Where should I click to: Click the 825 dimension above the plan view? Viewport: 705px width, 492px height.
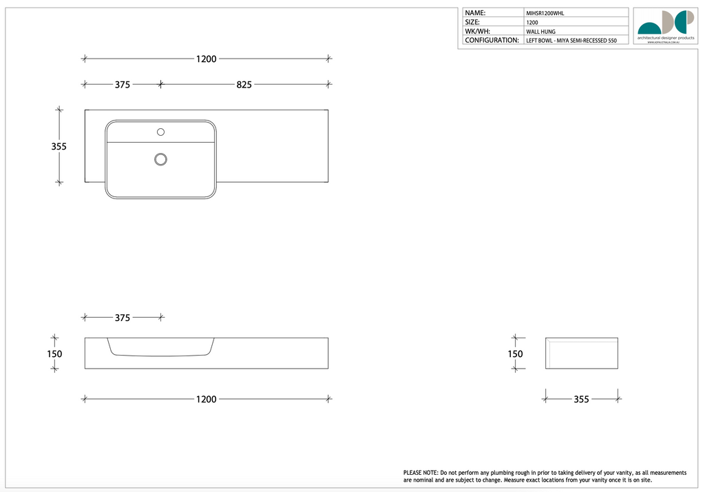click(244, 85)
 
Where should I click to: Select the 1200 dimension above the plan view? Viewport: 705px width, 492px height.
click(206, 59)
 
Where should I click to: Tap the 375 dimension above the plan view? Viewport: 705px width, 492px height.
click(122, 85)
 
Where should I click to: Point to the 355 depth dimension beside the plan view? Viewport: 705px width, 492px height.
click(59, 146)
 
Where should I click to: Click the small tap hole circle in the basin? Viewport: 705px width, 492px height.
click(161, 132)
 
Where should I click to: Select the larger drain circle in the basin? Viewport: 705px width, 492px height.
click(160, 159)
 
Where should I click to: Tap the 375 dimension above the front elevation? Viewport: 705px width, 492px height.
click(122, 318)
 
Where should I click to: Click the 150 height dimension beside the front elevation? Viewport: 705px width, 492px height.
click(54, 353)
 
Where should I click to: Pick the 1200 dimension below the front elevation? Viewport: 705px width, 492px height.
click(206, 399)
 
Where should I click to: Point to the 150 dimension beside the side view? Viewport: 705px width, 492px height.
click(515, 353)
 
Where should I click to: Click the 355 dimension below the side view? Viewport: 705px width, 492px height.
click(581, 399)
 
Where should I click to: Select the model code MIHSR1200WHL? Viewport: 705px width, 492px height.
click(545, 13)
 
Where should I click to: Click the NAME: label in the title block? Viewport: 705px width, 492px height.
click(475, 12)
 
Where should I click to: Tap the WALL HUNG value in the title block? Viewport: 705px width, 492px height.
click(540, 32)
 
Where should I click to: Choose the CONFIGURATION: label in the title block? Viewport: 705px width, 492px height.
click(492, 41)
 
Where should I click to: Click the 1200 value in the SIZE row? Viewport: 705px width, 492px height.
click(532, 22)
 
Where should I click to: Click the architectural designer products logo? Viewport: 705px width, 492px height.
click(665, 26)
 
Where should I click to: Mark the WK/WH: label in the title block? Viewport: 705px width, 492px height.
click(478, 31)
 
